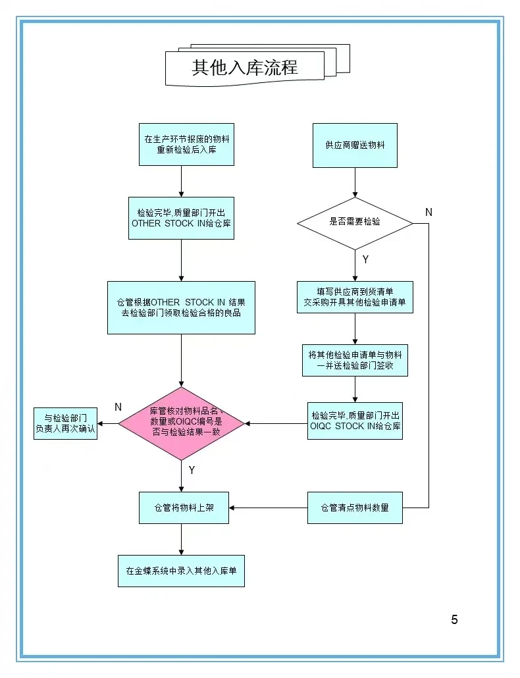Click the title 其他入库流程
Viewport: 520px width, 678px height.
[245, 67]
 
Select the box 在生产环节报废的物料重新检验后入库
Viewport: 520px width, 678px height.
[186, 144]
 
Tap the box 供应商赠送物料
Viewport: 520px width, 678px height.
[355, 145]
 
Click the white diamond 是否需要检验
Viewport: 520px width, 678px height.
[355, 222]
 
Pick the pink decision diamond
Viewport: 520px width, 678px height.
[181, 423]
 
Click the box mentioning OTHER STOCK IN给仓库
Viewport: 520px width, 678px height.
[181, 218]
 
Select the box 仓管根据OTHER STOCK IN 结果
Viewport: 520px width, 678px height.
[181, 307]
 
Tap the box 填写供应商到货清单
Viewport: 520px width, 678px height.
[355, 297]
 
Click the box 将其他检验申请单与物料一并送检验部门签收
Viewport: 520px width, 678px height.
[355, 360]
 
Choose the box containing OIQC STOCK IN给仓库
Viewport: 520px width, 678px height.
[355, 421]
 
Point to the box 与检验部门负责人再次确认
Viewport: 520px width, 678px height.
[65, 423]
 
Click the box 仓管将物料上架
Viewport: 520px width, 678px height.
[184, 508]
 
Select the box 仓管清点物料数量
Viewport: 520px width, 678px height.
[355, 508]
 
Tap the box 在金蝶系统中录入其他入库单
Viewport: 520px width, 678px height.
[181, 571]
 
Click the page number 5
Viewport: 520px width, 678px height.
[454, 619]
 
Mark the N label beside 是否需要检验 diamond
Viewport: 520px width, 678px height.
[429, 212]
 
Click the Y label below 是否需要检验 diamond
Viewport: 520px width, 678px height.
[365, 259]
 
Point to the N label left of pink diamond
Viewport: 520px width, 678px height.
[118, 407]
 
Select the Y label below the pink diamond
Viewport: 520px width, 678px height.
[192, 470]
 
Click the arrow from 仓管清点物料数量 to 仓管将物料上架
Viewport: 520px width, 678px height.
[268, 508]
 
